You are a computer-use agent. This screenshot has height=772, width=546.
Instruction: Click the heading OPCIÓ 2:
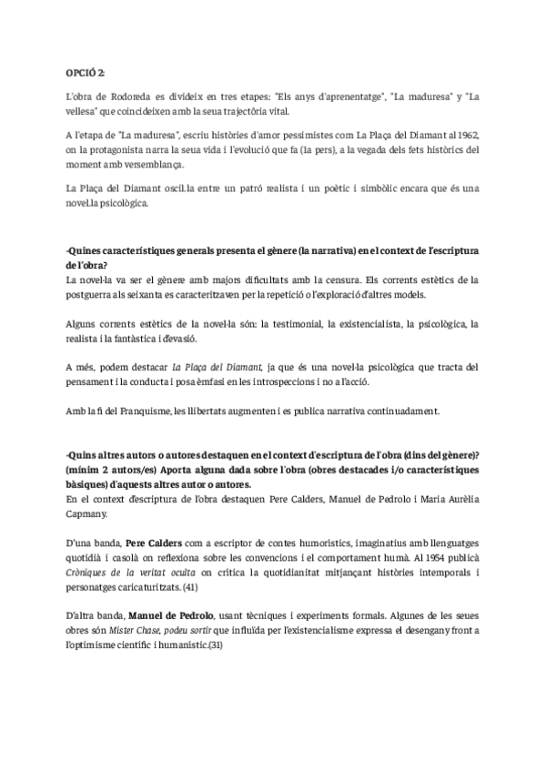[x=86, y=72]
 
